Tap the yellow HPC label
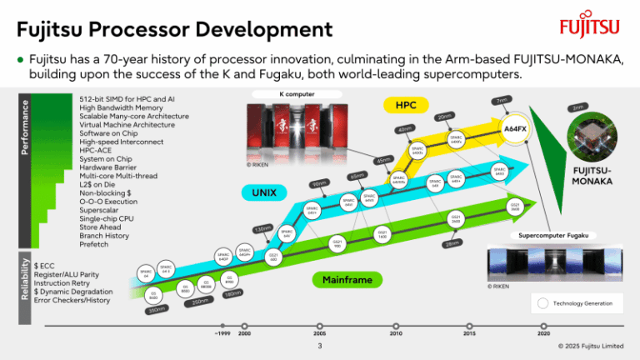(405, 106)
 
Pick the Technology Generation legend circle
(543, 303)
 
